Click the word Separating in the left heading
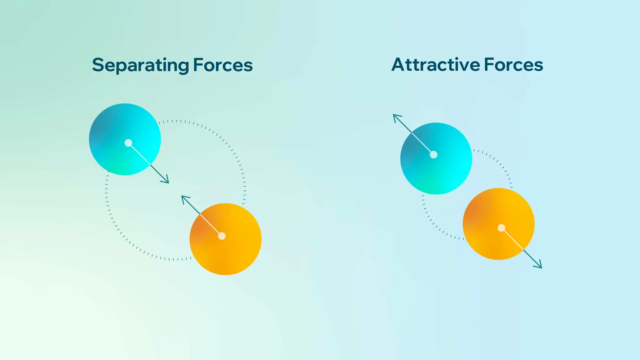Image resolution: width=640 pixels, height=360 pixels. coord(141,66)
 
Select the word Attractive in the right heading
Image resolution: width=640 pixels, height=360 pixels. coord(436,65)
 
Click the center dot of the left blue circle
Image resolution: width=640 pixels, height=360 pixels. coord(128,143)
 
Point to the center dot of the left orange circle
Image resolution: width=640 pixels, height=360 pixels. coord(222,236)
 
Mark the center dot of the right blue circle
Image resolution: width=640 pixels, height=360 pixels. coord(434,155)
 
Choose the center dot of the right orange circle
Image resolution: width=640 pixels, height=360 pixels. coord(501,228)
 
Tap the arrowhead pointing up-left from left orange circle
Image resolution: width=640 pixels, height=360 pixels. coord(184,198)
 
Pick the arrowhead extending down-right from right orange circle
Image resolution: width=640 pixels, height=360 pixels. coord(539,266)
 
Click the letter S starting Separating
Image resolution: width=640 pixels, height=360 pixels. coord(98,65)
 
